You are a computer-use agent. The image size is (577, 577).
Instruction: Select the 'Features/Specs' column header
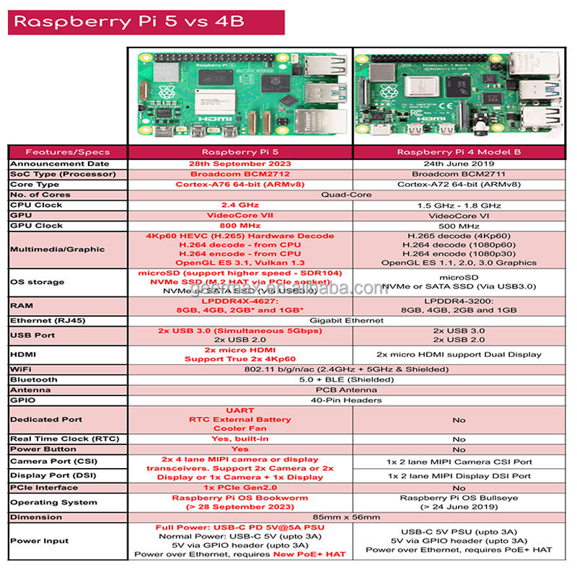pyautogui.click(x=67, y=152)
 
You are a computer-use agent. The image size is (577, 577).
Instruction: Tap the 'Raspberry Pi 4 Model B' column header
pyautogui.click(x=459, y=152)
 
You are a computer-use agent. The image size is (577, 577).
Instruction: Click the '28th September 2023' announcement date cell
pyautogui.click(x=240, y=164)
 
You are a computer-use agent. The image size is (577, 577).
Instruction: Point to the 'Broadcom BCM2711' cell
pyautogui.click(x=459, y=174)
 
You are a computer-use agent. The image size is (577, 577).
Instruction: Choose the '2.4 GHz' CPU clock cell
pyautogui.click(x=240, y=205)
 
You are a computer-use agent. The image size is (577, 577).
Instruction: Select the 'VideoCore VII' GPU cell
pyautogui.click(x=240, y=215)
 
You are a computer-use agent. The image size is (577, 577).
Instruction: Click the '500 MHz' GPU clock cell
pyautogui.click(x=459, y=225)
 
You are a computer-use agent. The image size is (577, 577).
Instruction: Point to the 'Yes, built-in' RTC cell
pyautogui.click(x=240, y=439)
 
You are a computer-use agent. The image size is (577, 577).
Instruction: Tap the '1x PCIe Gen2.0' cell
pyautogui.click(x=240, y=488)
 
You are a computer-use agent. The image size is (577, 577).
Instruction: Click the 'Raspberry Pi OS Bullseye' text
pyautogui.click(x=459, y=498)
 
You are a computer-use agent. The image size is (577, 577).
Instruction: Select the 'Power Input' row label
pyautogui.click(x=39, y=541)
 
